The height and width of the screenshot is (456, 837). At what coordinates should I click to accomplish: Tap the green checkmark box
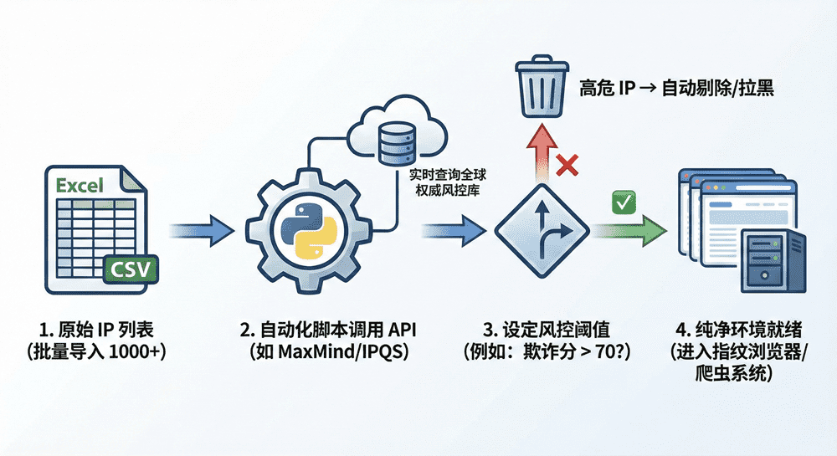point(624,201)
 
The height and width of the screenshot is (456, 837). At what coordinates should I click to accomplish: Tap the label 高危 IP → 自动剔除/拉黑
point(676,87)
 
